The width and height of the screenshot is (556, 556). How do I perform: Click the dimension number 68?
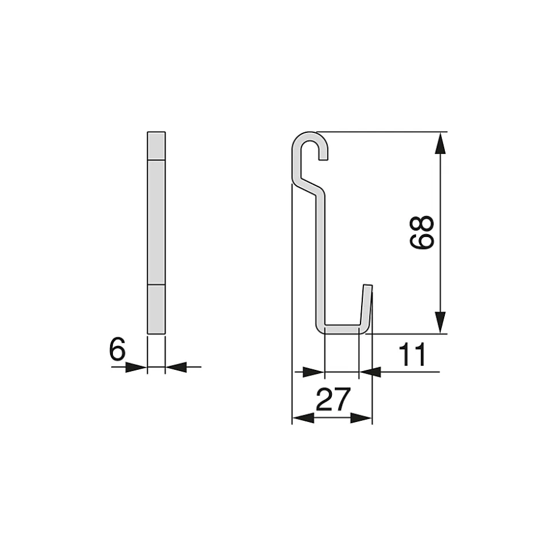(x=422, y=232)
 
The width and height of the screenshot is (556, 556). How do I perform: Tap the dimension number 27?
(x=333, y=399)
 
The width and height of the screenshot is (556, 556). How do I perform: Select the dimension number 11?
(x=412, y=354)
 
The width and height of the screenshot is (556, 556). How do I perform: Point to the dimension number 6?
(x=117, y=349)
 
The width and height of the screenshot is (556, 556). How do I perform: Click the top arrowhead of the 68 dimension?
(x=440, y=143)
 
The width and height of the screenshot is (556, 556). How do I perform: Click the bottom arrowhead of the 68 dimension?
(x=440, y=322)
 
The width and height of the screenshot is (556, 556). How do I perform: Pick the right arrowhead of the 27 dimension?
(x=361, y=418)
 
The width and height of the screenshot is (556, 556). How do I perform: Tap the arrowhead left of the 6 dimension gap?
(x=136, y=367)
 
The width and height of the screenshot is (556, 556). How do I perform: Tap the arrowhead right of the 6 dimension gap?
(x=176, y=367)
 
